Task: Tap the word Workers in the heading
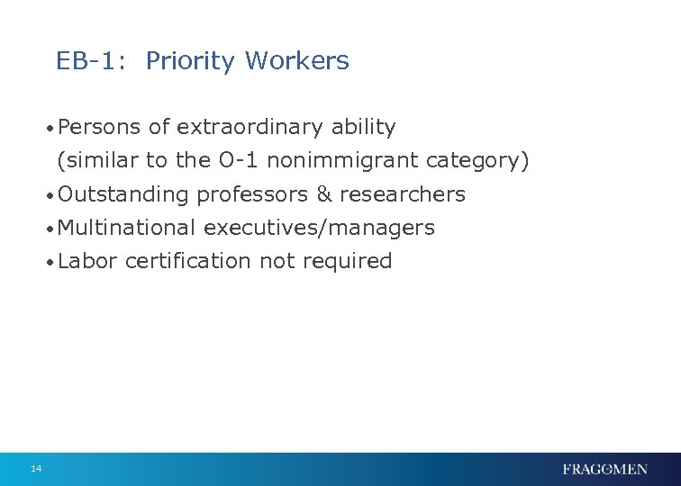click(296, 61)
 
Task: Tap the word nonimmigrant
click(342, 161)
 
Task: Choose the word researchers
click(402, 194)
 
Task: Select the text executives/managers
click(319, 228)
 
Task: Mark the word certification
click(188, 261)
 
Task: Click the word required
click(347, 261)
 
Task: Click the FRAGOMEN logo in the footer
click(604, 469)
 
